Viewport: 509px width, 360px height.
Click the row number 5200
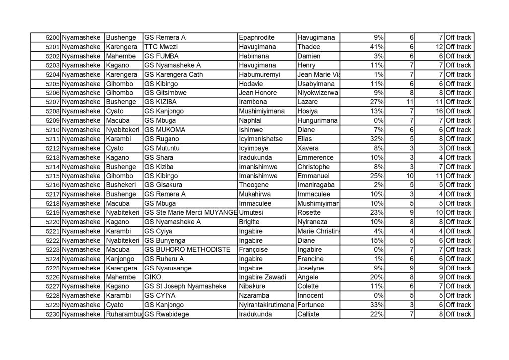pyautogui.click(x=52, y=38)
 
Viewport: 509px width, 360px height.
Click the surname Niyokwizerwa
pyautogui.click(x=317, y=93)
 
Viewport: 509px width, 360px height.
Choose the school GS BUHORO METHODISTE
pyautogui.click(x=186, y=250)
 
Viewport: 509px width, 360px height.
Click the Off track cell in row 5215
pyautogui.click(x=458, y=176)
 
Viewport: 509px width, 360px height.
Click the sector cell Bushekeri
pyautogui.click(x=120, y=185)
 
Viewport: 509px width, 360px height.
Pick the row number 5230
pyautogui.click(x=52, y=314)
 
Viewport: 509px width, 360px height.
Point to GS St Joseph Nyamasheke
pyautogui.click(x=184, y=286)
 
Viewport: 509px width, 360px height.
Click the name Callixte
pyautogui.click(x=309, y=314)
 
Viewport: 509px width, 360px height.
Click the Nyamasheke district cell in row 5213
pyautogui.click(x=82, y=158)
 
